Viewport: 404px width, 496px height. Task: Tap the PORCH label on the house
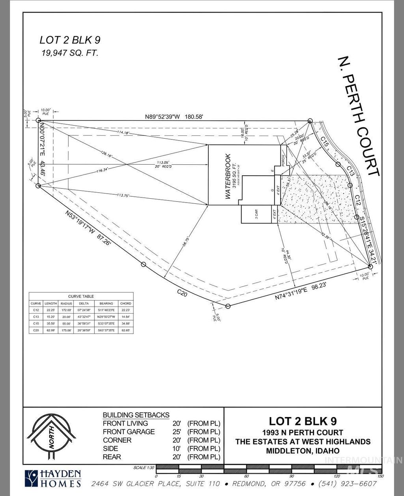283,160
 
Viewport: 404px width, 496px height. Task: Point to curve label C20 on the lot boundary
182,292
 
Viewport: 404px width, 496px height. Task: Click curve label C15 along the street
324,142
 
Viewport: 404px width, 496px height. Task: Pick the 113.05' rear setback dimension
161,162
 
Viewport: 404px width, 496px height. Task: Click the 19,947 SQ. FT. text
70,53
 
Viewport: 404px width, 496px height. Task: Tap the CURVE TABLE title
81,296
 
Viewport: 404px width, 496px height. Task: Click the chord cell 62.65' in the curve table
125,330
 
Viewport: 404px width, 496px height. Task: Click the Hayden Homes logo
53,479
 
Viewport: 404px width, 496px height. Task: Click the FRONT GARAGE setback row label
129,432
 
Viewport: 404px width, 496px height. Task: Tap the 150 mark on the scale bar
380,476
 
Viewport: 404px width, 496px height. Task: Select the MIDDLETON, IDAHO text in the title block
303,451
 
